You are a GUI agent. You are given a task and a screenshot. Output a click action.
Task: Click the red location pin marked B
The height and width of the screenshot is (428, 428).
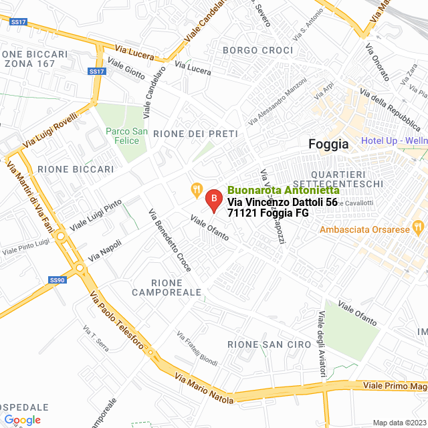click(213, 199)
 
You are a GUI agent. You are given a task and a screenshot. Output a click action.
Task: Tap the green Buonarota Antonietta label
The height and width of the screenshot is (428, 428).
click(283, 190)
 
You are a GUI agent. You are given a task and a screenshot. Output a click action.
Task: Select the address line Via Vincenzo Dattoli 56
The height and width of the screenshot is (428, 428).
click(282, 201)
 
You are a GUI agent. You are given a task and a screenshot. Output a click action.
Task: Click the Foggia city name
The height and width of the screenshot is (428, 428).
click(328, 144)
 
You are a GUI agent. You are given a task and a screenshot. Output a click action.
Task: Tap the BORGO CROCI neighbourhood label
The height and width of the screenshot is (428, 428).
click(257, 50)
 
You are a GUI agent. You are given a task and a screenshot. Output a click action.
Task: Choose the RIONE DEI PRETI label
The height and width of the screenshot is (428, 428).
click(195, 134)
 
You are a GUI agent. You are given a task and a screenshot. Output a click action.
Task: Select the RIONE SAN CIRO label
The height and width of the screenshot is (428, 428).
click(269, 344)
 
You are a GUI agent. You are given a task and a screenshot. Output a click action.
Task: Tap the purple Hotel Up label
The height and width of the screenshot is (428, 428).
click(394, 140)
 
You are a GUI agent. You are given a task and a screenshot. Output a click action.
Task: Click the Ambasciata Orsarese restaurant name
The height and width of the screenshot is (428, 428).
click(364, 229)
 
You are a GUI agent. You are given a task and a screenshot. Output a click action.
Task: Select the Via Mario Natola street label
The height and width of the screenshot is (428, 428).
click(204, 388)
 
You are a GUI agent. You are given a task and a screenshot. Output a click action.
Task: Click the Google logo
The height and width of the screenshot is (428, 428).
click(22, 419)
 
